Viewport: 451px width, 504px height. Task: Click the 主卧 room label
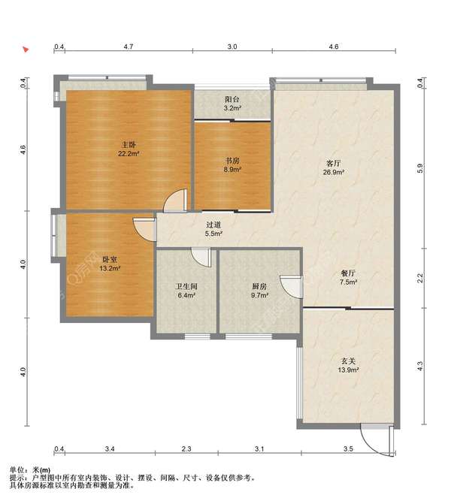[x=129, y=145]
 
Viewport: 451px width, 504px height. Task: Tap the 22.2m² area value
[x=129, y=154]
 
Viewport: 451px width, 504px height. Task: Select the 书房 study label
[x=232, y=161]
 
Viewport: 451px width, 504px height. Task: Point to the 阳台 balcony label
[x=232, y=99]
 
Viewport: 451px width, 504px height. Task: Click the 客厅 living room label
[x=334, y=163]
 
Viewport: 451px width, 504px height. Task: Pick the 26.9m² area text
[x=334, y=172]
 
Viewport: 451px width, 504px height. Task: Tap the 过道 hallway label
[x=213, y=225]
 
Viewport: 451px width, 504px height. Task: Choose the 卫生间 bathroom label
[x=186, y=286]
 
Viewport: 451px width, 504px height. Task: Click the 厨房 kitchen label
[x=259, y=286]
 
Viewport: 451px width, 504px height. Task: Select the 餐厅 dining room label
[x=348, y=273]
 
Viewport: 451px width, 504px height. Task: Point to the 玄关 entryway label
[x=348, y=361]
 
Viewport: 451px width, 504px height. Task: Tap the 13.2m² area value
[x=110, y=268]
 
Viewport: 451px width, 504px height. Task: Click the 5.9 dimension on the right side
[x=420, y=168]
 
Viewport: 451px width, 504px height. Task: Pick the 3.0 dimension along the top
[x=232, y=47]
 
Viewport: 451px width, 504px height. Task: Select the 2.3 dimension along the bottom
[x=186, y=448]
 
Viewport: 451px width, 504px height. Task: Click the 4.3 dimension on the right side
[x=420, y=366]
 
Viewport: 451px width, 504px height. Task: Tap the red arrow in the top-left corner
[x=26, y=50]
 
